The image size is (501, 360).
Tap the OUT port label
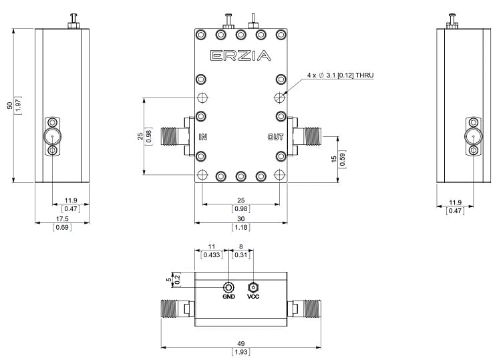[x=276, y=138]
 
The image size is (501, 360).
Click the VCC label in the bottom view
[x=253, y=297]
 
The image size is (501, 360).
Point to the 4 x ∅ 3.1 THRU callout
[x=339, y=75]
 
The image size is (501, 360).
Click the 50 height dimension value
[x=9, y=105]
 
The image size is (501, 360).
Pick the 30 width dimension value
[x=240, y=219]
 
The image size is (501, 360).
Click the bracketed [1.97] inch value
[x=19, y=105]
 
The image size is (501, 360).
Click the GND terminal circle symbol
[x=229, y=287]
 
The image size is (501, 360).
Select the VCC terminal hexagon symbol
[x=253, y=287]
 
